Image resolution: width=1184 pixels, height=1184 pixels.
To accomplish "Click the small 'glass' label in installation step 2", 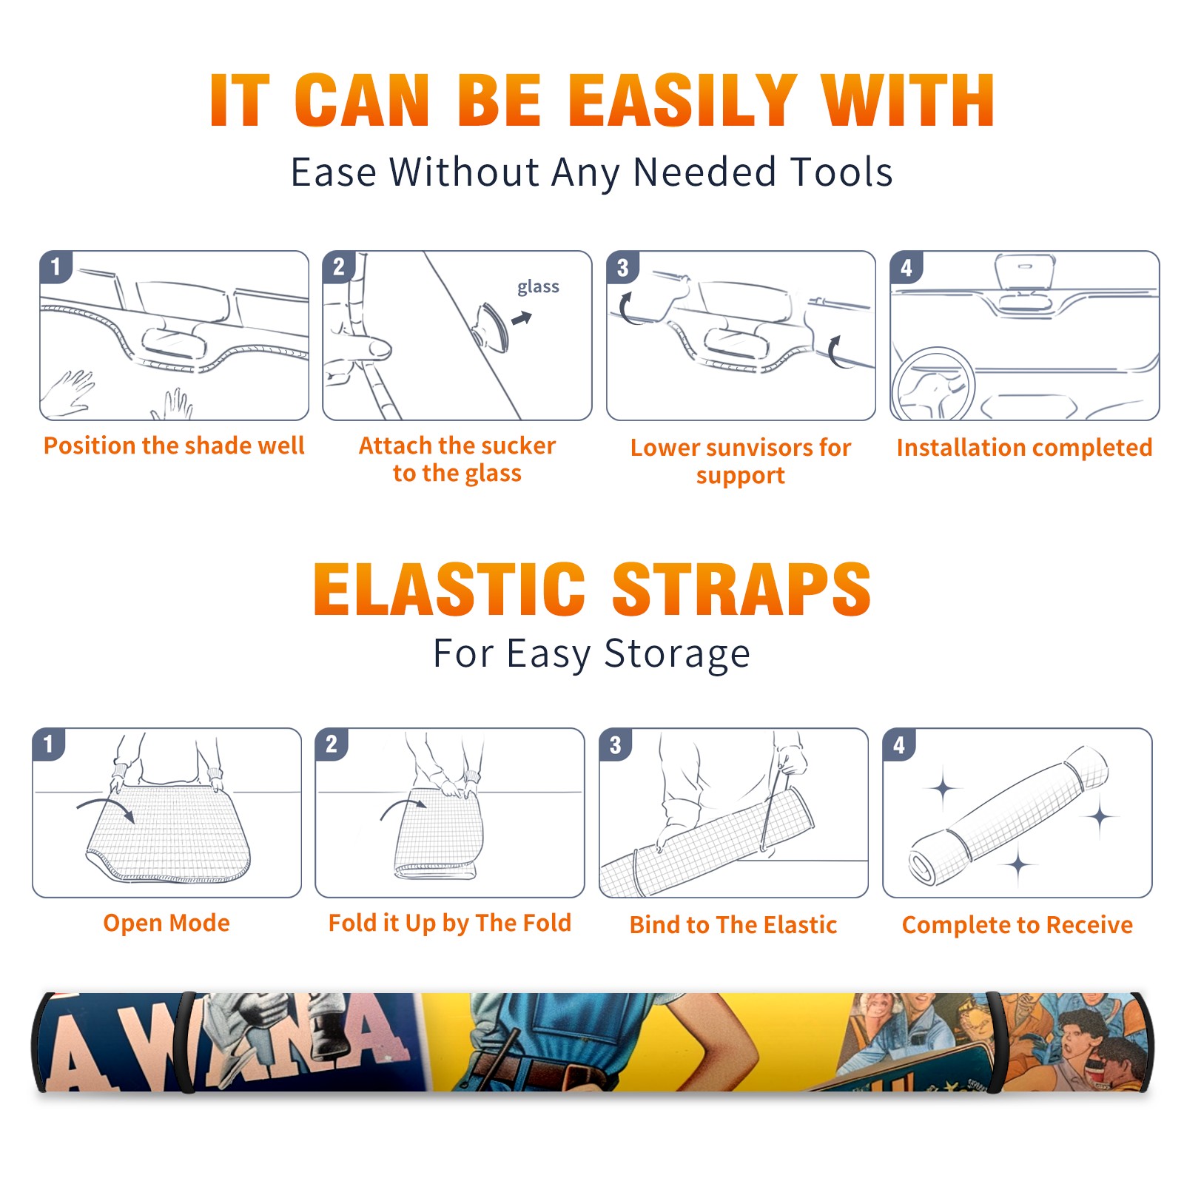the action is point(538,287).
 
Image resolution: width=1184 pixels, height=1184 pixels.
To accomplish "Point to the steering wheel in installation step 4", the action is point(933,383).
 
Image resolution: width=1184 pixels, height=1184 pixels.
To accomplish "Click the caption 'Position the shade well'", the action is point(174,445).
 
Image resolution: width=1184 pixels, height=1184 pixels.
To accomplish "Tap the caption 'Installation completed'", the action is point(1024,447).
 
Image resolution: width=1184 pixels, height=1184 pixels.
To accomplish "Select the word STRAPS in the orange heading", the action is point(741,589).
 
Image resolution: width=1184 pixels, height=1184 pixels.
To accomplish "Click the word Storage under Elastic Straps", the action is point(677,654).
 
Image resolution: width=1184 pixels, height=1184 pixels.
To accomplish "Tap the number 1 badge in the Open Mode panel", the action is point(49,744).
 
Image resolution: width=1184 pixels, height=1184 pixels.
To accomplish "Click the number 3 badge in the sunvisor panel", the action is point(622,267).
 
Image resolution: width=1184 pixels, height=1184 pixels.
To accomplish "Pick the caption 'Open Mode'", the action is point(166,923).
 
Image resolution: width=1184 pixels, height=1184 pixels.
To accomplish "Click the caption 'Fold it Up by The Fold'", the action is point(450,923).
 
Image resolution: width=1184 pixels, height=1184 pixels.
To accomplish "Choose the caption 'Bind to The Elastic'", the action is point(733,925).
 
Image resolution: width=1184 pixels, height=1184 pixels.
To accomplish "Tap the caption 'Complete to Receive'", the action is point(1017,925).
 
